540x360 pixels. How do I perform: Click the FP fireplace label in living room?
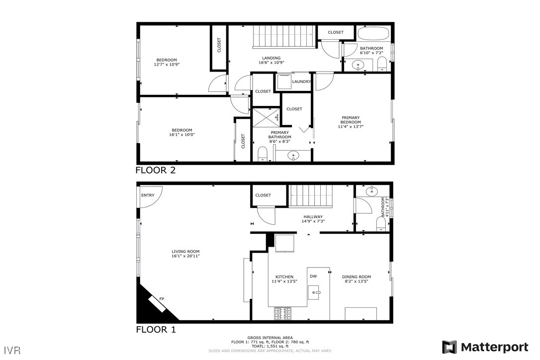(162, 298)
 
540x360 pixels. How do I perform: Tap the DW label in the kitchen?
(313, 276)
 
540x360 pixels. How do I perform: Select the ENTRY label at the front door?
(148, 195)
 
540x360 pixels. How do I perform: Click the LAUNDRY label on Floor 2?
(301, 82)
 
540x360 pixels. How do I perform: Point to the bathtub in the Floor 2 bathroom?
(373, 34)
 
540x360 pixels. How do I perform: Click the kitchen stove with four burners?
(283, 314)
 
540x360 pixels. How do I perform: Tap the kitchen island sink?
(314, 292)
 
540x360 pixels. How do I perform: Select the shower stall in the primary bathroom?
(266, 117)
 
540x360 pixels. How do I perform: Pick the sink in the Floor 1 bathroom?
(372, 191)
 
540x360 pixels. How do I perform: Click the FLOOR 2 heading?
(156, 170)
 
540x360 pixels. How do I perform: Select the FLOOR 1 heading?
(156, 330)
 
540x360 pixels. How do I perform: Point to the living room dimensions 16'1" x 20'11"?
(185, 257)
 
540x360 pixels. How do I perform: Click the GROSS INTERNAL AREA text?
(270, 338)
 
